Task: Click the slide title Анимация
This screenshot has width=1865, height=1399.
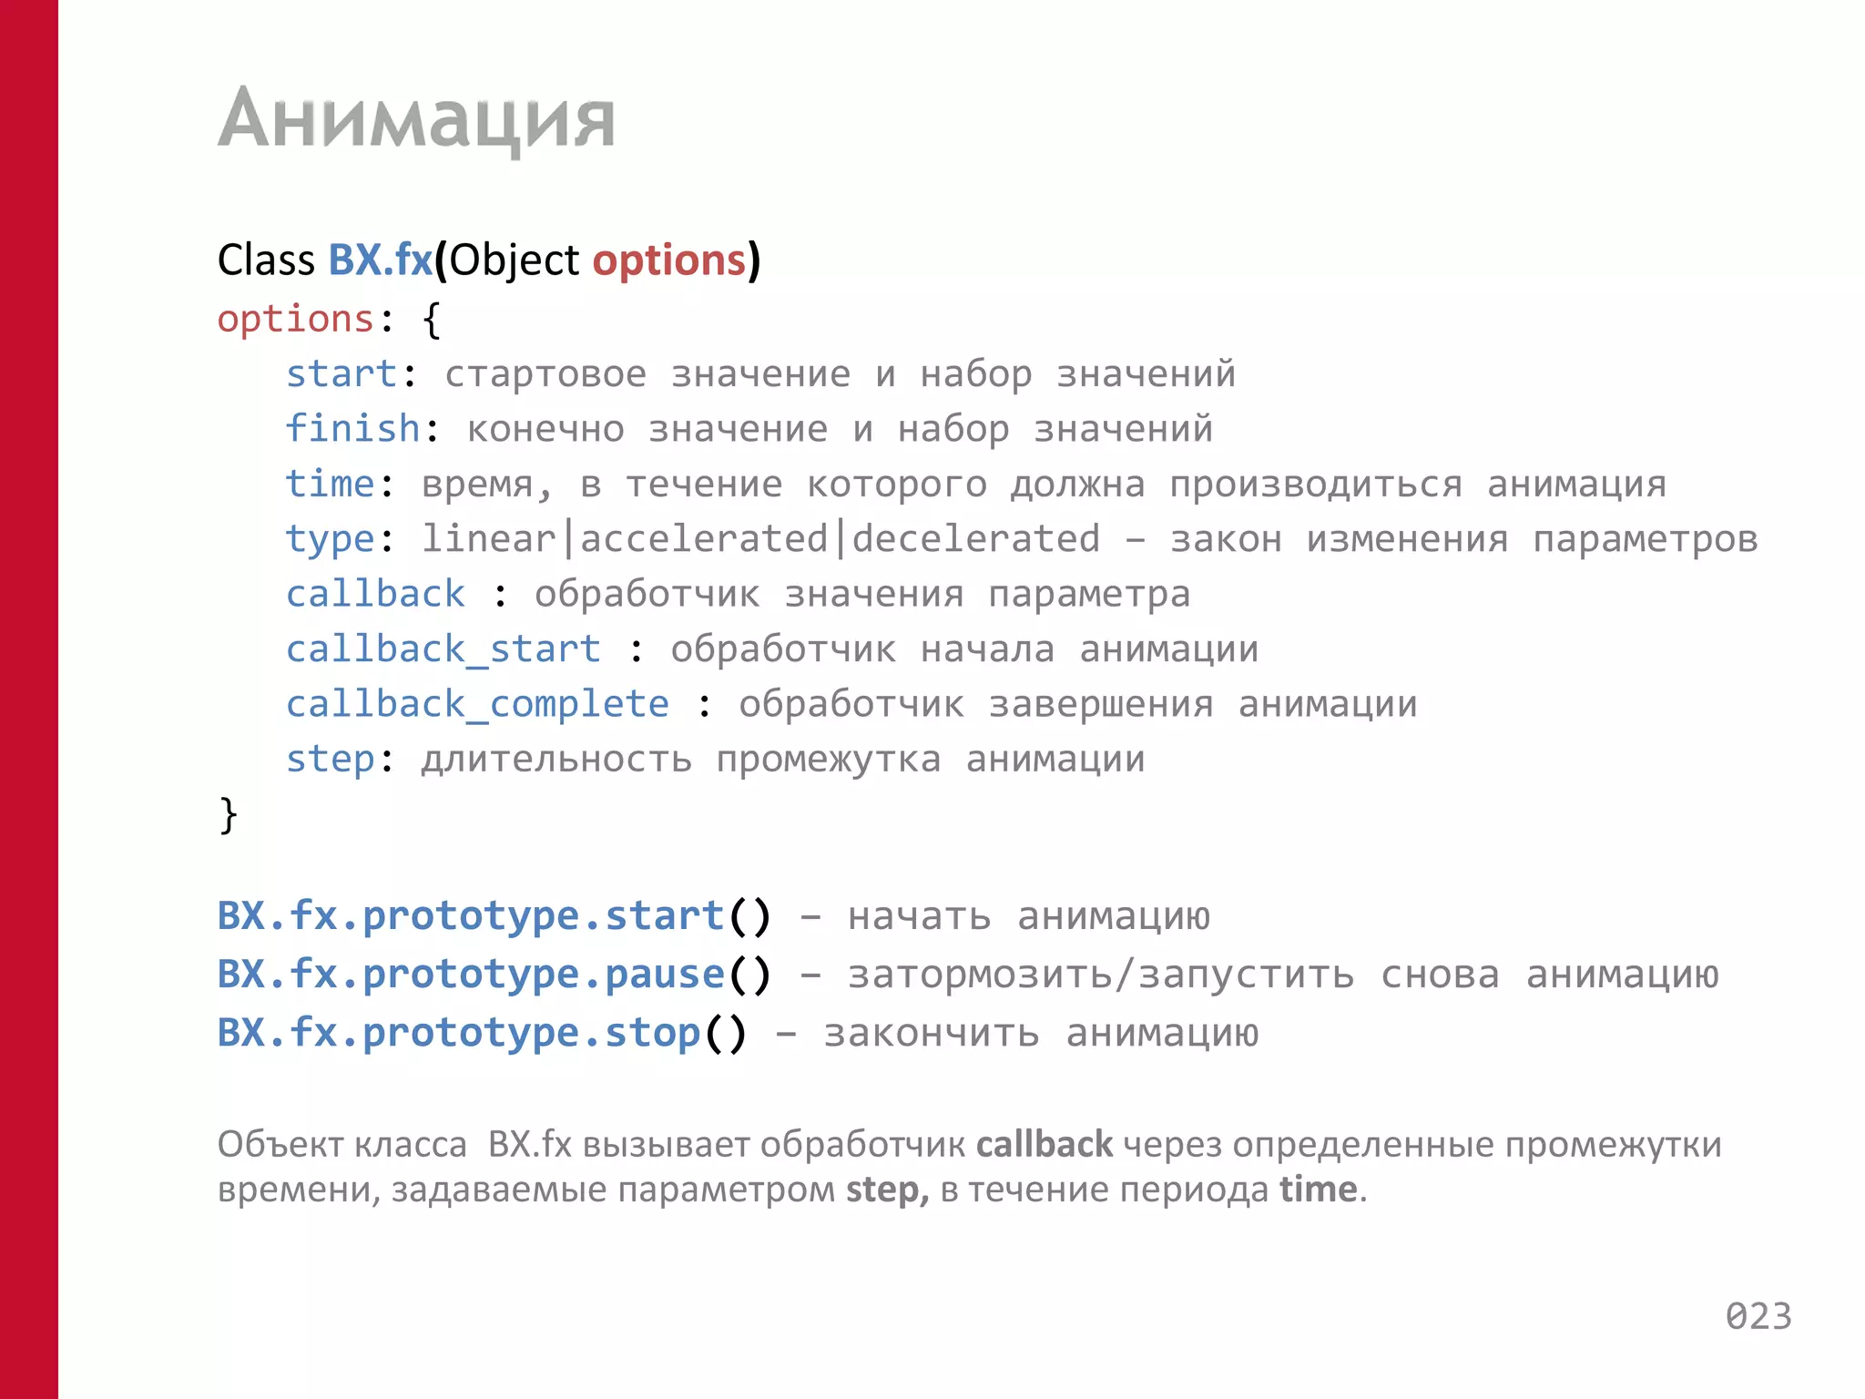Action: click(416, 118)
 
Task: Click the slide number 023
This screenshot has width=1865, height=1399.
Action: click(1758, 1317)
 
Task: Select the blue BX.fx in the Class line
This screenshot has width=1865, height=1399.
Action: click(380, 260)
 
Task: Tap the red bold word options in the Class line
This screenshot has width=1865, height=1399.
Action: click(669, 260)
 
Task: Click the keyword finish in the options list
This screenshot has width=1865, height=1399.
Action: click(352, 429)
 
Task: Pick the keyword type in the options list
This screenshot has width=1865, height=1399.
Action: click(330, 539)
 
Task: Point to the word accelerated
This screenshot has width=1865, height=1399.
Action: click(703, 539)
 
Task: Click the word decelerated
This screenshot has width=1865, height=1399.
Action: click(975, 539)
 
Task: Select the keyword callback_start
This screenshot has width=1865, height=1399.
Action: click(443, 649)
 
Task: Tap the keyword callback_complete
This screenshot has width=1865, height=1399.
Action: click(477, 704)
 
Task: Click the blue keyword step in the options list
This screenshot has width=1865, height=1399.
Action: click(330, 760)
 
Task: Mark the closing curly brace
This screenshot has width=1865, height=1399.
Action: click(228, 814)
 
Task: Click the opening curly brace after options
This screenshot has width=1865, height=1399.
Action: click(432, 320)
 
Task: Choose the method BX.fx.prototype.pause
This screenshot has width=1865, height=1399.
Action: click(470, 975)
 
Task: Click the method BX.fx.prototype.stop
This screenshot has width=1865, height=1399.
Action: click(458, 1033)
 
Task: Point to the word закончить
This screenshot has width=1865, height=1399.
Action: click(931, 1034)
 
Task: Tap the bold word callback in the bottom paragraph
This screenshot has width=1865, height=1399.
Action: click(1044, 1145)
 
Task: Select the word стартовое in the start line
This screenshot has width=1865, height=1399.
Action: click(545, 374)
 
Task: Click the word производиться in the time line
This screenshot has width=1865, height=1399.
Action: click(1316, 485)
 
